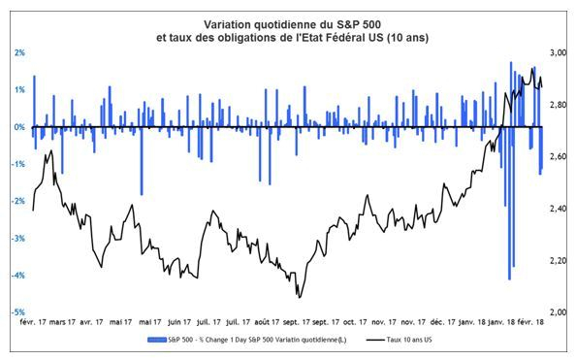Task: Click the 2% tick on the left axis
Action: pyautogui.click(x=18, y=52)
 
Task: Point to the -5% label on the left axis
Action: pyautogui.click(x=18, y=312)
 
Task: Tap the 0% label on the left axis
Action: pyautogui.click(x=18, y=127)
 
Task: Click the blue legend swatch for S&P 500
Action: pyautogui.click(x=160, y=341)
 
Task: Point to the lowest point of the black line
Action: pyautogui.click(x=300, y=296)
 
